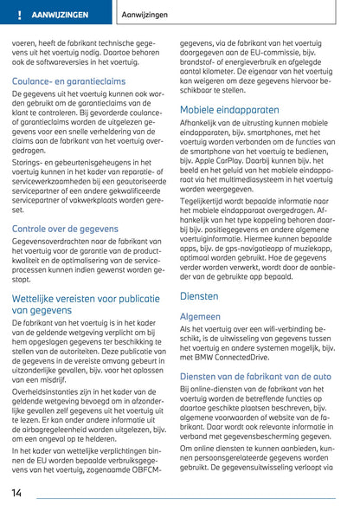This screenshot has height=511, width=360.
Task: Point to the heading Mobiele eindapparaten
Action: click(229, 110)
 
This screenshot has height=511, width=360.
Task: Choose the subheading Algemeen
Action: click(206, 317)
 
